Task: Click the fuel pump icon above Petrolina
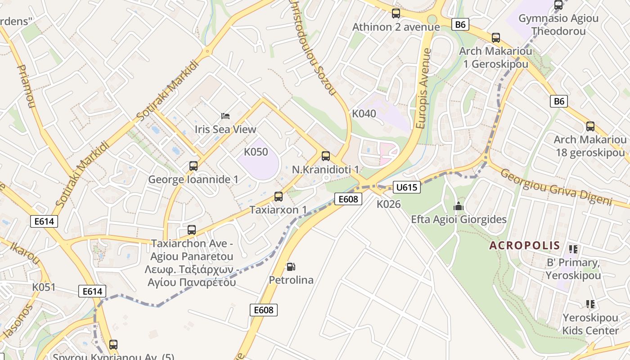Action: click(291, 267)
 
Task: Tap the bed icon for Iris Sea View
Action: click(225, 116)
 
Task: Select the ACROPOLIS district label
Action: click(525, 246)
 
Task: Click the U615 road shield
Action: click(406, 187)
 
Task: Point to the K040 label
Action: click(364, 113)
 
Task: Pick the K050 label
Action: click(256, 152)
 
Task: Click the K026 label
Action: click(388, 204)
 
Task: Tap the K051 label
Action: click(44, 287)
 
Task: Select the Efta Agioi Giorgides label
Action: click(459, 220)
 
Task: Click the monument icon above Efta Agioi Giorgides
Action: click(459, 207)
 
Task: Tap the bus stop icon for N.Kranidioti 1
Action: click(326, 156)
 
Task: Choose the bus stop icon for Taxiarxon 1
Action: click(279, 197)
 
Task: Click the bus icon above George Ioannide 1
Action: click(193, 166)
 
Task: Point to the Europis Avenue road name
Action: click(423, 89)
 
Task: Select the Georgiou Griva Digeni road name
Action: click(556, 187)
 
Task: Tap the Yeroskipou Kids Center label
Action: click(590, 324)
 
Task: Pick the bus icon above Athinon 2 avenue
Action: click(396, 13)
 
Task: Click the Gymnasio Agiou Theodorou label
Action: click(558, 25)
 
